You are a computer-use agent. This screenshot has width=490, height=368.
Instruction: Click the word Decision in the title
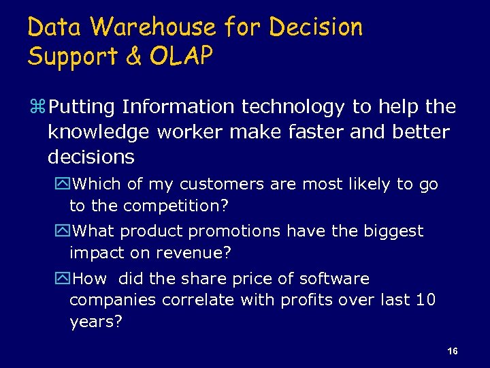tap(316, 27)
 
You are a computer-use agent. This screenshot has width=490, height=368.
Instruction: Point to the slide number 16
tap(453, 351)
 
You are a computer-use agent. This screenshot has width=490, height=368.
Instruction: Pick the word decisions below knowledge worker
tap(91, 157)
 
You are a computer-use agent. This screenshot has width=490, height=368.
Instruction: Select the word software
tap(333, 279)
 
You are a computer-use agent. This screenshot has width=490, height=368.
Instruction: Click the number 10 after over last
tap(425, 300)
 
